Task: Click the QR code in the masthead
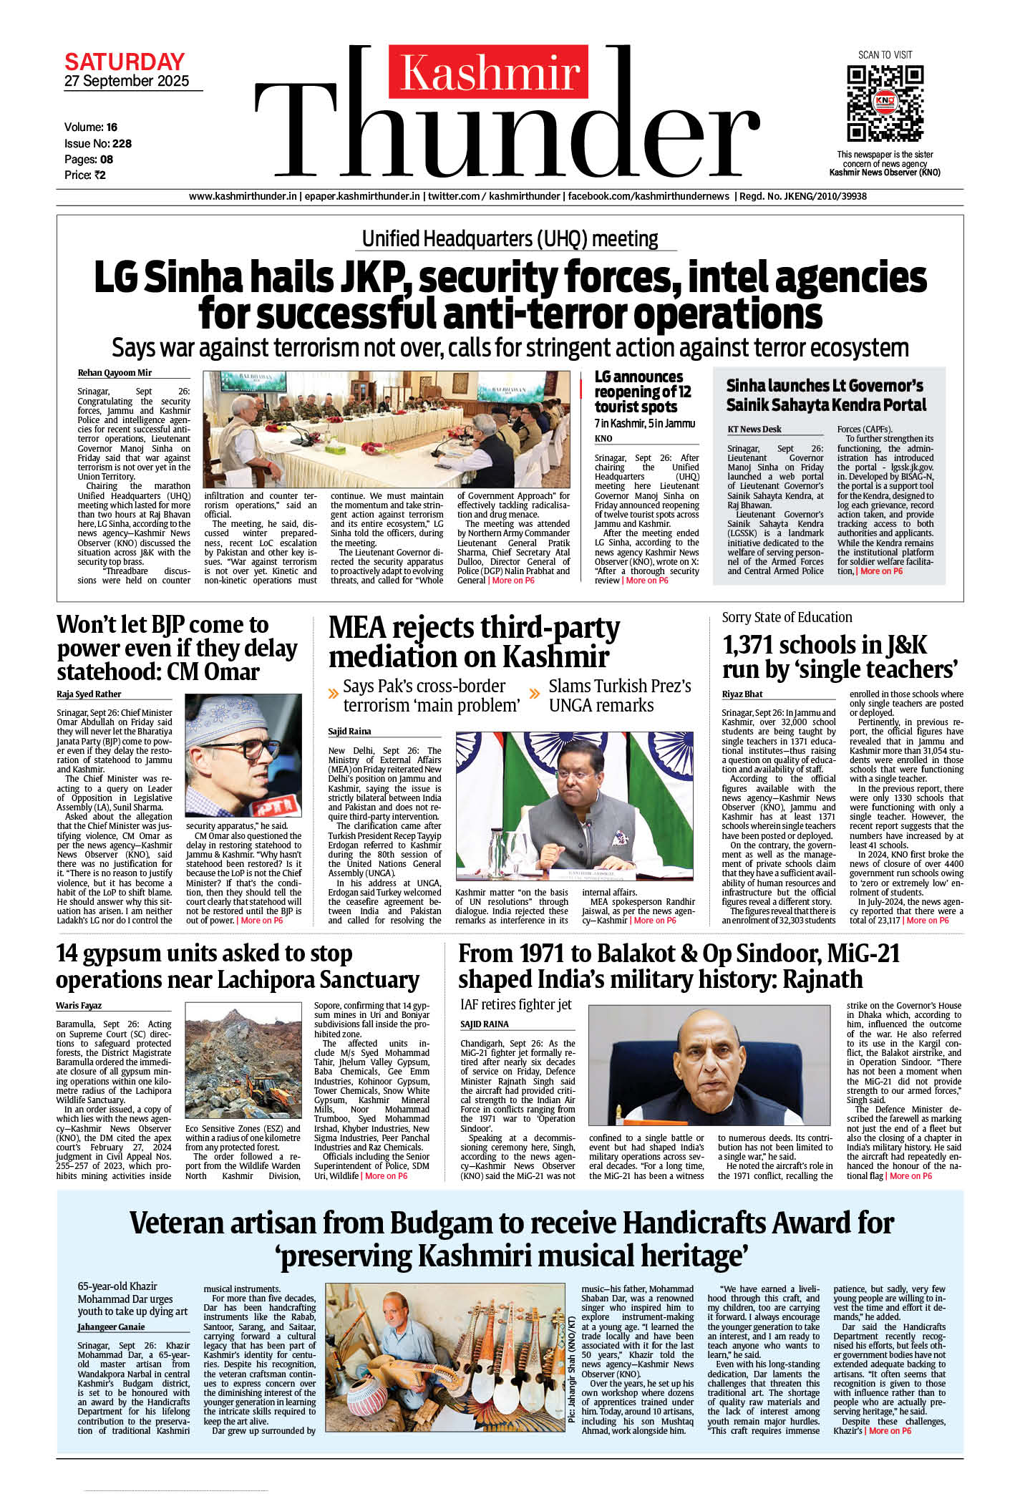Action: [885, 103]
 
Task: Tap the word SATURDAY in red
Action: [125, 61]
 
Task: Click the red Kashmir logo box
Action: [488, 72]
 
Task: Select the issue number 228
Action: [122, 143]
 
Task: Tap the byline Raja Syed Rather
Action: [89, 694]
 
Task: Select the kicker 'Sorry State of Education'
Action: [787, 617]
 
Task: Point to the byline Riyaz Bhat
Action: [742, 694]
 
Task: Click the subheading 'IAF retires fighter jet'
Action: [516, 1004]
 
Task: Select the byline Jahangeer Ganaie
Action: [111, 1327]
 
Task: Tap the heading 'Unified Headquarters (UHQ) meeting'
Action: [510, 238]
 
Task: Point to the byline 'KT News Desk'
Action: [754, 430]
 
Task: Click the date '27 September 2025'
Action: [127, 81]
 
